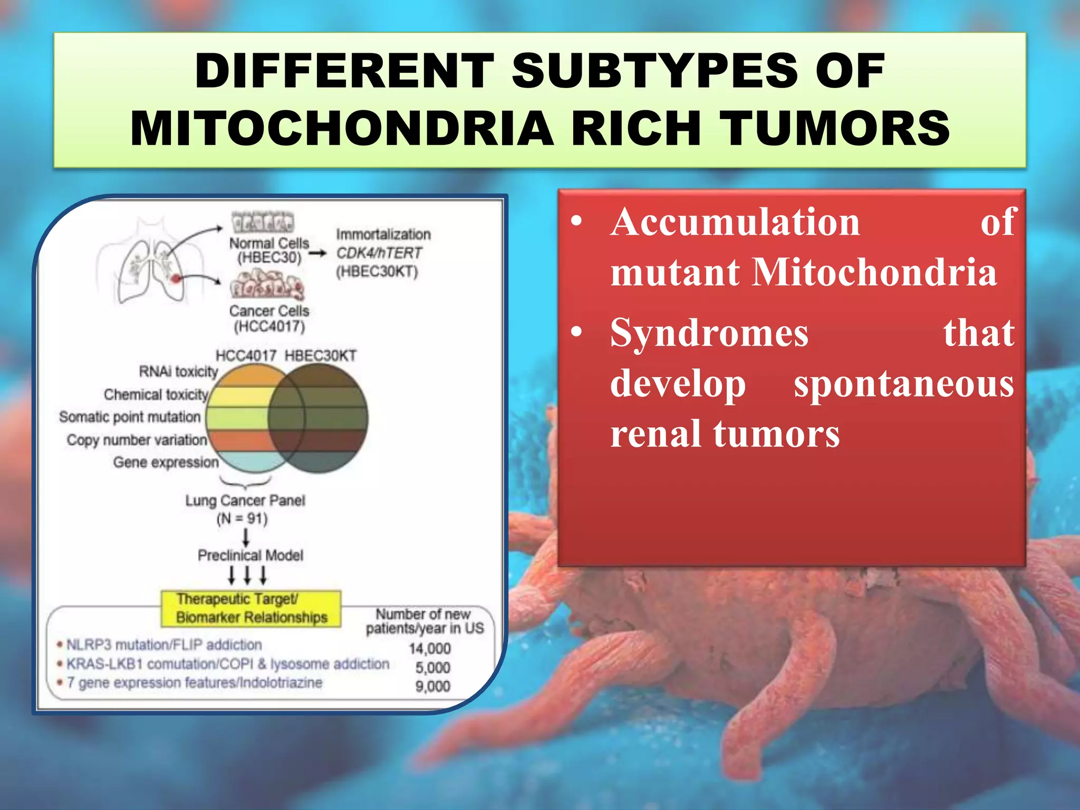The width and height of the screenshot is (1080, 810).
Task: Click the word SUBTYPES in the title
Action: pos(653,72)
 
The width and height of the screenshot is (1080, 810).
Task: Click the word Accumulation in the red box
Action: pos(735,222)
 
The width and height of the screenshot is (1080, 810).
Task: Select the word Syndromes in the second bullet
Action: pos(709,333)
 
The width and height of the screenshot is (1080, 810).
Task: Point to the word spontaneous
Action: pos(903,384)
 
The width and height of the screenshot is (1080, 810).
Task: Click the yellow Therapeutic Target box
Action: pos(251,608)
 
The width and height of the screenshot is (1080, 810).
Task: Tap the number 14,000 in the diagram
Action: pos(430,648)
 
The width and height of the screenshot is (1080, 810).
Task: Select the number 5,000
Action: pos(432,668)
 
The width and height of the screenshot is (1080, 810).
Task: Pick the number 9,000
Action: pos(432,686)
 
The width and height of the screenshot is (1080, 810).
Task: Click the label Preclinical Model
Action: pos(250,555)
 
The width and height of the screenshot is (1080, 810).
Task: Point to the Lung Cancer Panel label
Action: pos(245,500)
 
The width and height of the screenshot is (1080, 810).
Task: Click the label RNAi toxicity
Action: pos(178,372)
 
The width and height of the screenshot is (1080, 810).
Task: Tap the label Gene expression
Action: pos(166,462)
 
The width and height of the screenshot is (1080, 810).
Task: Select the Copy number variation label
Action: pos(137,440)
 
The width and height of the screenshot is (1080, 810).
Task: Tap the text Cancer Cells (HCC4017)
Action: pos(269,319)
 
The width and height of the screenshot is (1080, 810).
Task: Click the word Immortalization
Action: pos(383,234)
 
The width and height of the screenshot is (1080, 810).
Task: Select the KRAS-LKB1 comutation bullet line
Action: pos(227,664)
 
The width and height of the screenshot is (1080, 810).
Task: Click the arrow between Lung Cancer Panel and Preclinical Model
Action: pos(246,537)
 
